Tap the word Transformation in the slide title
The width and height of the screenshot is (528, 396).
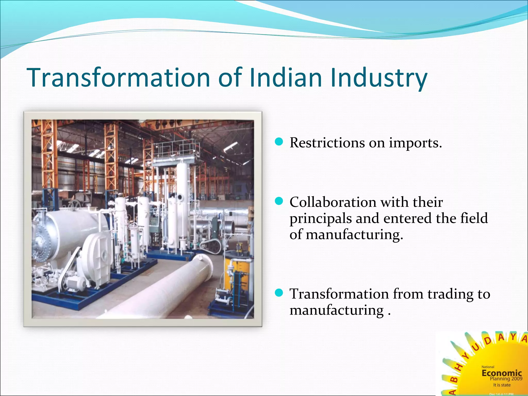click(119, 77)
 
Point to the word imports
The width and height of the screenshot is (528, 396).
click(415, 143)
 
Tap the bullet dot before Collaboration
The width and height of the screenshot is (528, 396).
click(279, 201)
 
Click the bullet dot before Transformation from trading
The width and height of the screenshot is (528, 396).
click(279, 293)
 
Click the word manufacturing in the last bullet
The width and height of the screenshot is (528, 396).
click(336, 310)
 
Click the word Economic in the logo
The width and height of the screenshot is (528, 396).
click(501, 373)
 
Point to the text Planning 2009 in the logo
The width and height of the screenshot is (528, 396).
click(506, 379)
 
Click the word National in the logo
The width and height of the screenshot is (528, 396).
click(488, 367)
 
